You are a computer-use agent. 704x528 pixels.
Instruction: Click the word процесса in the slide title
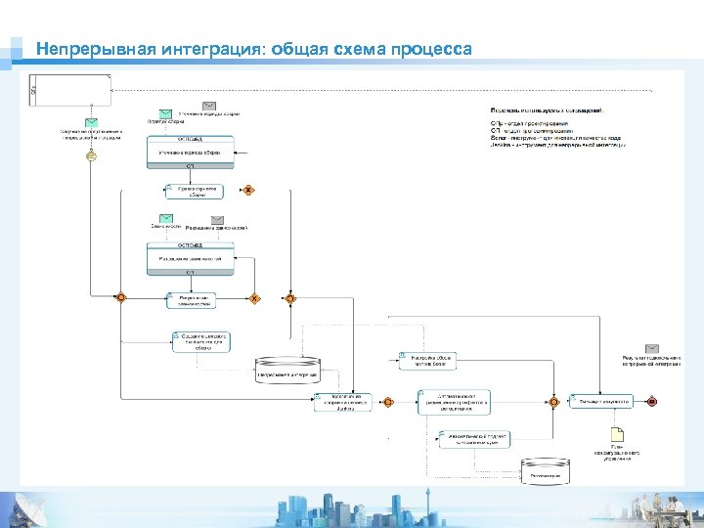point(430,49)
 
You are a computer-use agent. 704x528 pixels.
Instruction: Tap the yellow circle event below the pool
point(91,155)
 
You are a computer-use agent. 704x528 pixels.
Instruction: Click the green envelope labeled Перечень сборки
point(166,113)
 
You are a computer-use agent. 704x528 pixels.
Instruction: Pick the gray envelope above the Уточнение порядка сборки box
point(209,106)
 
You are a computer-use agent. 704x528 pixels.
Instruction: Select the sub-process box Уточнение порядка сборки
point(191,152)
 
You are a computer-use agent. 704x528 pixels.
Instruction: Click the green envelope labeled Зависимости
point(166,220)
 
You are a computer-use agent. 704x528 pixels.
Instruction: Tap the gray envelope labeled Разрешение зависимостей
point(217,220)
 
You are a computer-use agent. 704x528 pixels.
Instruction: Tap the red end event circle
point(652,402)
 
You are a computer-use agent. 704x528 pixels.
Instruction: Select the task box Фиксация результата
point(601,401)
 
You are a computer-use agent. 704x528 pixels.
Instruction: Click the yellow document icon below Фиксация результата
point(616,435)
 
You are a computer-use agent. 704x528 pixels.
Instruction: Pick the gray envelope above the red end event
point(651,348)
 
